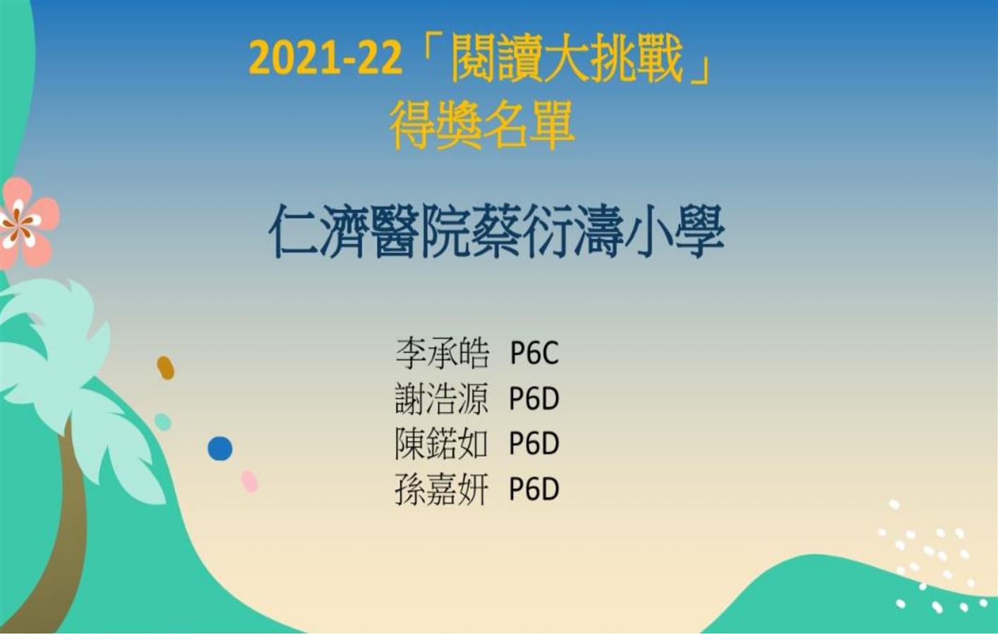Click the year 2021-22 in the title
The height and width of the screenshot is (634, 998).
tap(326, 60)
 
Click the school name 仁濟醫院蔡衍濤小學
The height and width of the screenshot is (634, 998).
tap(496, 232)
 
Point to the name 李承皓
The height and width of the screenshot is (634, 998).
tap(442, 354)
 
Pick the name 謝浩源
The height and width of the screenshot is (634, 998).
tap(442, 399)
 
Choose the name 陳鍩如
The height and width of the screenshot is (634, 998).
tap(442, 444)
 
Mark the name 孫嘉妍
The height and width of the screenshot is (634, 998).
tap(442, 490)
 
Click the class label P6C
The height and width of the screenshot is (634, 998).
tap(534, 354)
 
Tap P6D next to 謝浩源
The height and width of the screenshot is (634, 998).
tap(534, 399)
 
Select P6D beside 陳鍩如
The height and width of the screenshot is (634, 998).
tap(534, 444)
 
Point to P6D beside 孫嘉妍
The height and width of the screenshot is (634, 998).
tap(534, 490)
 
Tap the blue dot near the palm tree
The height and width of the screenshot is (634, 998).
tap(220, 449)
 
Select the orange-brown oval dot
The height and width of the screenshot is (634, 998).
tap(166, 368)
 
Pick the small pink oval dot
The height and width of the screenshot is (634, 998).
tap(249, 482)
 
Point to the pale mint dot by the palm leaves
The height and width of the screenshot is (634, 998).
tap(163, 422)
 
